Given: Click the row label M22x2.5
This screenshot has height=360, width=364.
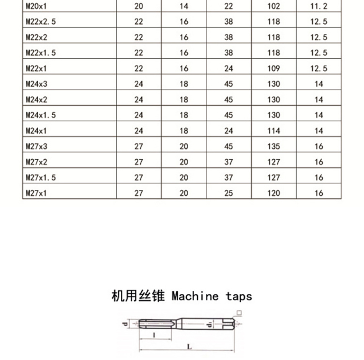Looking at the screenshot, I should click(x=41, y=22).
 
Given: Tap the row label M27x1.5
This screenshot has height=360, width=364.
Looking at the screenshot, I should click(x=41, y=178).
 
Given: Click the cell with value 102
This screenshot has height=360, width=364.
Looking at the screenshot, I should click(x=274, y=6).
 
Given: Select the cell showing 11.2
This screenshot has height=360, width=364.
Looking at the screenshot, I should click(x=319, y=6).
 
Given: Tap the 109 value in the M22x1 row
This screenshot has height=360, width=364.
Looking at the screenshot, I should click(x=274, y=69).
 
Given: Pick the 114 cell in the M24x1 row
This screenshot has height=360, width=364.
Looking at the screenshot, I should click(x=274, y=131).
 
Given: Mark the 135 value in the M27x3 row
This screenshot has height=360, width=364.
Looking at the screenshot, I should click(x=274, y=146).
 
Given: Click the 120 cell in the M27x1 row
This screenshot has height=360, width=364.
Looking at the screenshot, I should click(x=274, y=193).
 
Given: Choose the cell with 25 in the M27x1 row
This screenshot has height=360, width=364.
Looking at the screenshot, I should click(x=229, y=193).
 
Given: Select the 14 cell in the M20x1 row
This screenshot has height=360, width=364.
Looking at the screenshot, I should click(x=184, y=6).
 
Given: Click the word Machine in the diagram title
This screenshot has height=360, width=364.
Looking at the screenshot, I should click(x=195, y=296).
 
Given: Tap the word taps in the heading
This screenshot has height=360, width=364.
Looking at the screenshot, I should click(x=239, y=296).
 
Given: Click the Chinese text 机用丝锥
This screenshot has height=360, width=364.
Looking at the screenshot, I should click(x=138, y=296).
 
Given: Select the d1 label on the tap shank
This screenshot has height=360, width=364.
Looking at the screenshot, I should click(x=209, y=325).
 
